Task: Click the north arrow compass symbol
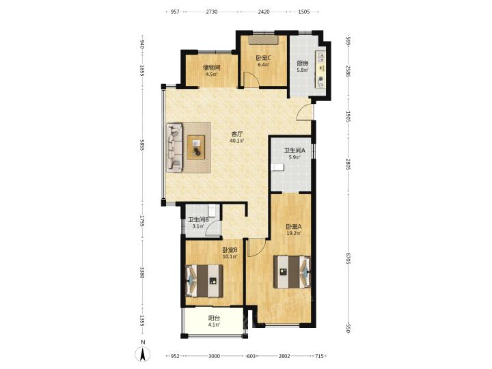[142, 354]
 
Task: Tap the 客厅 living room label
[236, 134]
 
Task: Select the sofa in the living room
[174, 147]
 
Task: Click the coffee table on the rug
[196, 147]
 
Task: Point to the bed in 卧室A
[292, 272]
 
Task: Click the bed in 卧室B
[204, 281]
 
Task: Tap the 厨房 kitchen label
[303, 63]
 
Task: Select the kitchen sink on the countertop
[322, 57]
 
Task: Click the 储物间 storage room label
[211, 68]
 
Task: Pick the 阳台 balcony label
[214, 318]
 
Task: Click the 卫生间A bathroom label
[295, 150]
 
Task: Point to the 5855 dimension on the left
[142, 146]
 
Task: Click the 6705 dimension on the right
[348, 257]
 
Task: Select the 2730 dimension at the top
[211, 12]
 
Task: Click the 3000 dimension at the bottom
[215, 356]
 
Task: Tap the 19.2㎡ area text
[294, 233]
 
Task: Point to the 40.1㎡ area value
[236, 141]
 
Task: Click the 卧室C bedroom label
[263, 58]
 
